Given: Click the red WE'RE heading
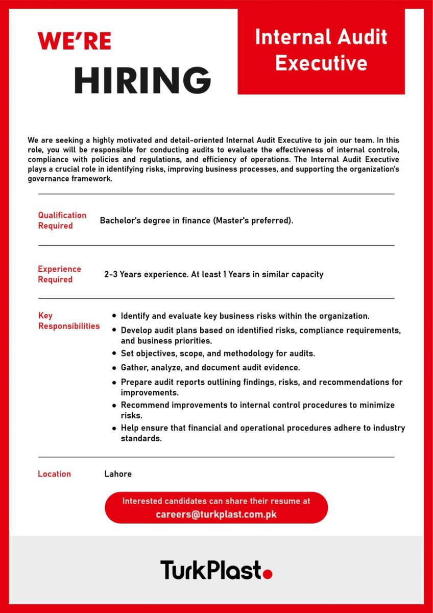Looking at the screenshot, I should click(x=74, y=41).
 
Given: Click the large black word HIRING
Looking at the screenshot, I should click(x=143, y=80).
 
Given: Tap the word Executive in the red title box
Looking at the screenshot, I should click(x=321, y=63).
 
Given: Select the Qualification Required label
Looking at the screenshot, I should click(x=62, y=221).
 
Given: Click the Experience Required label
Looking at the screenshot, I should click(x=59, y=274).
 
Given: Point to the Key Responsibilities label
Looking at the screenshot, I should click(x=69, y=321).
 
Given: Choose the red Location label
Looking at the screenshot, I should click(x=54, y=474).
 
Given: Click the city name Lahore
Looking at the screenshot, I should click(x=118, y=474).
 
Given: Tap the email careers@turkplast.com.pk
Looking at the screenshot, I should click(x=216, y=514).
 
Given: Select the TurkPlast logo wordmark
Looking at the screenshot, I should click(x=211, y=570).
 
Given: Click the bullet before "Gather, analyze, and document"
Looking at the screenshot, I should click(x=114, y=367).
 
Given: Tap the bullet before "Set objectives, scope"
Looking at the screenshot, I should click(x=114, y=353).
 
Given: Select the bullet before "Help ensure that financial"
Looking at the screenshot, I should click(x=114, y=428).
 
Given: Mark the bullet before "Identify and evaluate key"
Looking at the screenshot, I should click(x=114, y=316).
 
